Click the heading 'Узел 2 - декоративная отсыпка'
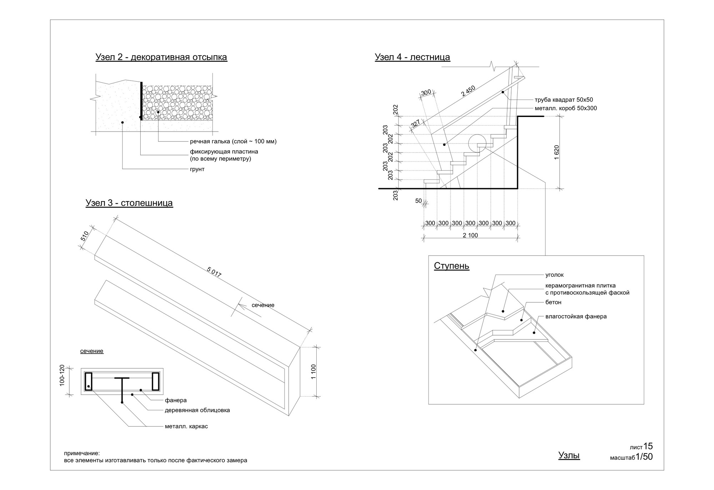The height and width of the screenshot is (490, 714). click(x=161, y=57)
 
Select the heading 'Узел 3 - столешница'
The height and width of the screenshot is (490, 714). click(x=129, y=203)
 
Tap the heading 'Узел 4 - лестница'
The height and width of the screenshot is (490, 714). click(x=412, y=57)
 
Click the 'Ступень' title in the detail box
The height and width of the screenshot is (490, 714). click(x=452, y=266)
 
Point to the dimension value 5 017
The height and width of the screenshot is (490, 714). click(x=214, y=272)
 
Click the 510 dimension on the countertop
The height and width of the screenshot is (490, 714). click(x=85, y=236)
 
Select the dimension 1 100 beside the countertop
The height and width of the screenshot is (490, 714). click(x=313, y=372)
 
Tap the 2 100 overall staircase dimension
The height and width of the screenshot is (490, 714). click(x=470, y=235)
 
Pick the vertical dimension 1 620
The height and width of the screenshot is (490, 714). click(x=557, y=152)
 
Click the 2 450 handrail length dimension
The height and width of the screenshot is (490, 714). click(x=468, y=91)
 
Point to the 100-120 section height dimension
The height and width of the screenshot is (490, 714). click(x=62, y=375)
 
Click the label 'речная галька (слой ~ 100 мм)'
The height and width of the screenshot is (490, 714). click(x=233, y=141)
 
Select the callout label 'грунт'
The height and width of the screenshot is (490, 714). click(x=197, y=169)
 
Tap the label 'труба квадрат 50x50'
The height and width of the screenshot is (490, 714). click(x=564, y=100)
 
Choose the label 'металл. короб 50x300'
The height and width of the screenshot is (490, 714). click(x=565, y=108)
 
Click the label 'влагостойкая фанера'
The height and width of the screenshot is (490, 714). click(x=576, y=316)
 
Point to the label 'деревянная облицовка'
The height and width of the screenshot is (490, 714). click(x=197, y=410)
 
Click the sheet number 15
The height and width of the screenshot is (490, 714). click(x=648, y=446)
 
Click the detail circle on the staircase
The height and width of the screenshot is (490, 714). click(x=477, y=144)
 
